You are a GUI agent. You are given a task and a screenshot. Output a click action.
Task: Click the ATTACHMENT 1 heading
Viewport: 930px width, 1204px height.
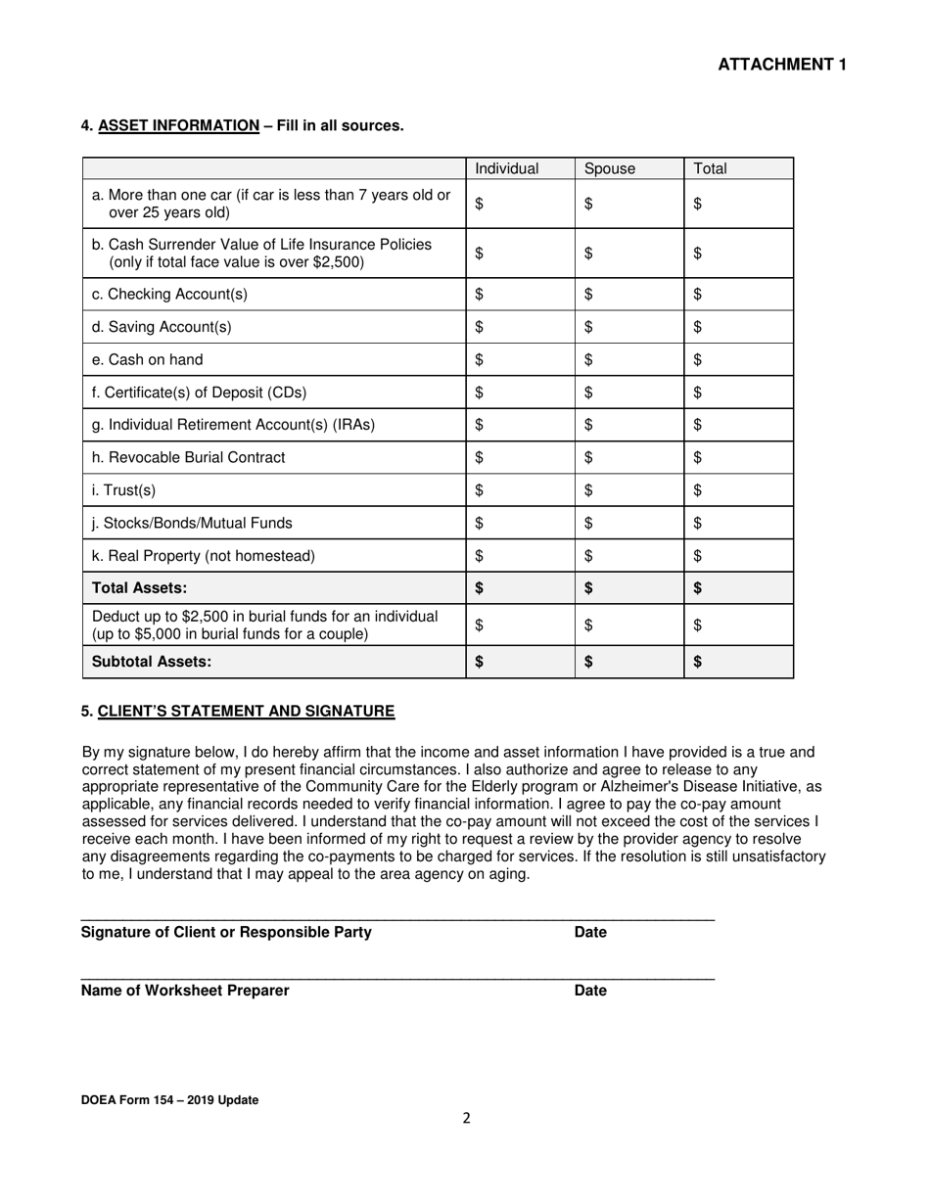coord(782,65)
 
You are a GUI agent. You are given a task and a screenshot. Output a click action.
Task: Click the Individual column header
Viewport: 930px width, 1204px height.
coord(507,168)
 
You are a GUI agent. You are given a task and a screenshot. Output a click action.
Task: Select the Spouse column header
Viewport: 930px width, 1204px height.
coord(610,168)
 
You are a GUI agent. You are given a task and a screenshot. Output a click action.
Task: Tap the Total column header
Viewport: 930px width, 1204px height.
coord(711,168)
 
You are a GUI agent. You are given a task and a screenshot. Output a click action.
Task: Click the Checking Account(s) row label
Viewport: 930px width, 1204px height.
coord(169,294)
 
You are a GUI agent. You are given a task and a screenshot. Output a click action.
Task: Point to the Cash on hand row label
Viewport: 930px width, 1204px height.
coord(147,359)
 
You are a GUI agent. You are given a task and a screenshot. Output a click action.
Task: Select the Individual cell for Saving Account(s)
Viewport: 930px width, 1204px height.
coord(520,327)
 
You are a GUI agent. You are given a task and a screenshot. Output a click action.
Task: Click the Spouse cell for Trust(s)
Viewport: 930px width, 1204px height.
coord(628,490)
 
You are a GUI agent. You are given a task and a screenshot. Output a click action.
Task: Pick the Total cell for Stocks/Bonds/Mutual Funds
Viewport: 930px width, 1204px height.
coord(738,523)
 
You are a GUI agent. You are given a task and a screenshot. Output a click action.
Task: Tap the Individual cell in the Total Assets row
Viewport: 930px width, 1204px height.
coord(520,588)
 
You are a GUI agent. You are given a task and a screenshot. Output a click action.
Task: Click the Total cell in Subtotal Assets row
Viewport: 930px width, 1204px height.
coord(738,662)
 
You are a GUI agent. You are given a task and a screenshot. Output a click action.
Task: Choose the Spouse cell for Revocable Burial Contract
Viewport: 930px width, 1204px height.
coord(628,457)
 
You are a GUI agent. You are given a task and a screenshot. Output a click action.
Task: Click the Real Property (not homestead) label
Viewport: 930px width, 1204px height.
coord(204,556)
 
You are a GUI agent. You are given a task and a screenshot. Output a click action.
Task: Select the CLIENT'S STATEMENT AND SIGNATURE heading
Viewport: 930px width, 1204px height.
coord(246,712)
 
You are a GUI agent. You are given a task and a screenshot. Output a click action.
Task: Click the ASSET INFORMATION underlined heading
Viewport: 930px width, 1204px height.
coord(179,125)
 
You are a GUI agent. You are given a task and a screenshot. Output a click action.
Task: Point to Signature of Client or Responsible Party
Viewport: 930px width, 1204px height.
coord(226,932)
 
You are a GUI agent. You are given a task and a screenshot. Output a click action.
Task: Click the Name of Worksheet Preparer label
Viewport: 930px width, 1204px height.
coord(185,991)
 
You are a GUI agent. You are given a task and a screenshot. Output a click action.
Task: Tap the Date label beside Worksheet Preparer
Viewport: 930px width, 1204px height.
coord(590,991)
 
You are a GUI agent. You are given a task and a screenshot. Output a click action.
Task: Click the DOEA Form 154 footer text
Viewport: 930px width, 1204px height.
coord(170,1100)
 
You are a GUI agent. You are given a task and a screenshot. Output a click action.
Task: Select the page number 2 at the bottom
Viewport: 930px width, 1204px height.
coord(467,1119)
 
